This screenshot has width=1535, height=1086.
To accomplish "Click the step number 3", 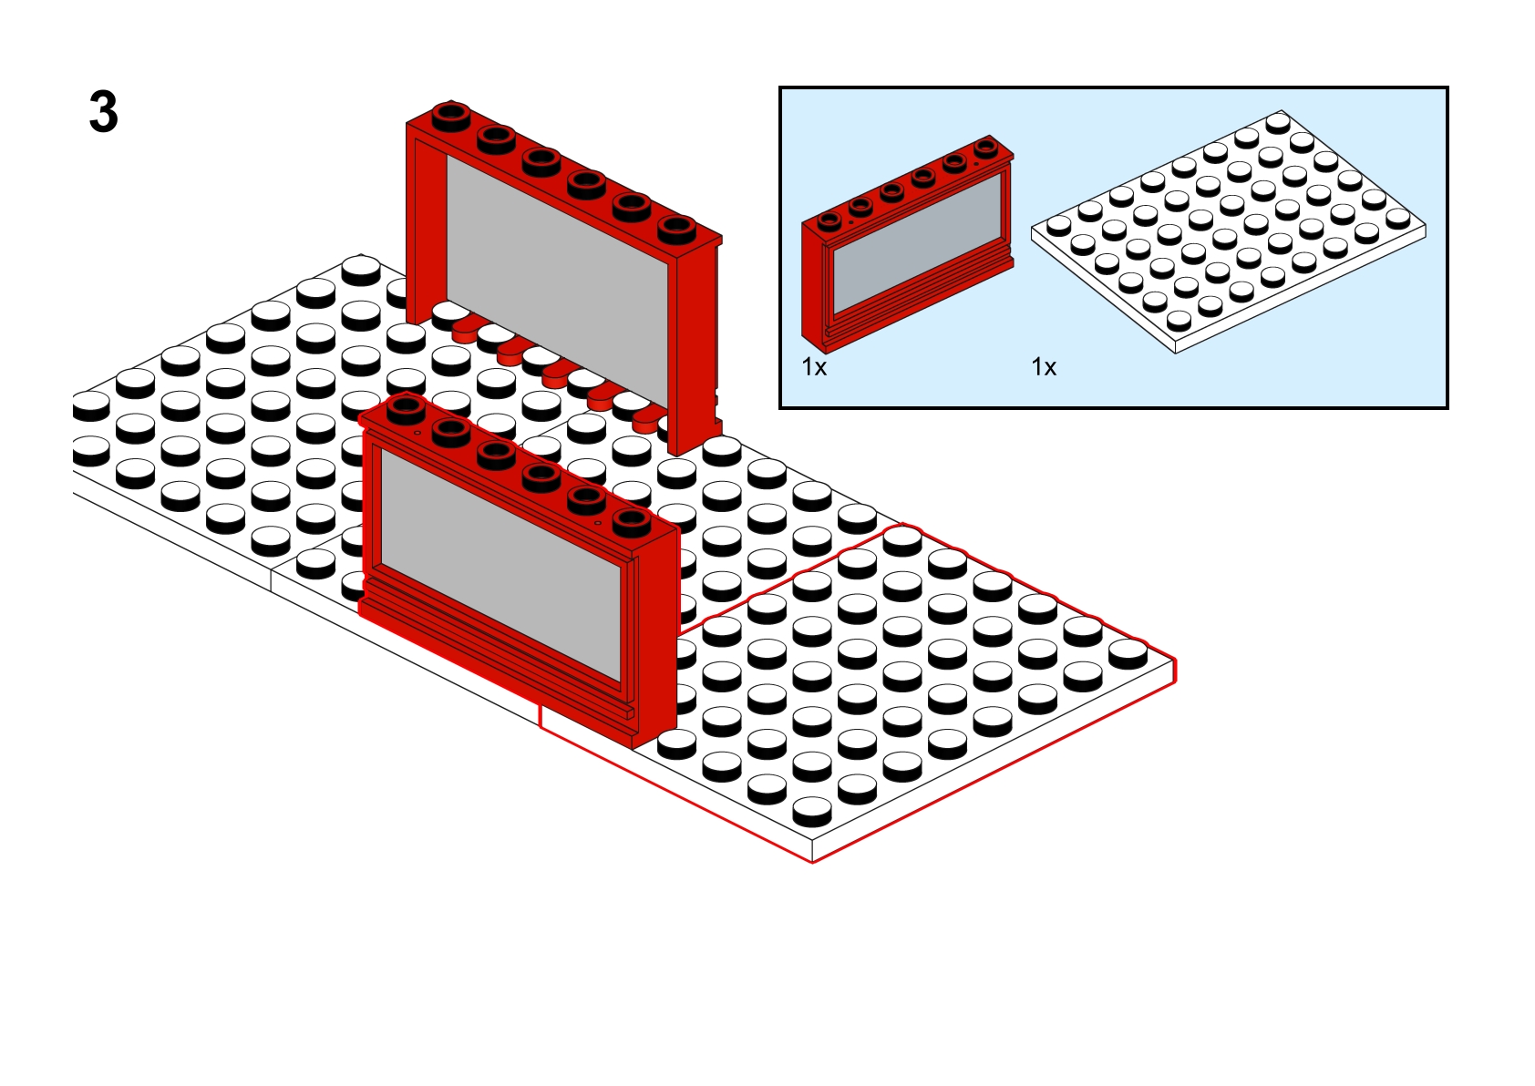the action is [x=104, y=112].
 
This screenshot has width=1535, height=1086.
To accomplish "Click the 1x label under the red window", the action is [x=814, y=368].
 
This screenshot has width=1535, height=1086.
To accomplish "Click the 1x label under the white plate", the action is [x=1044, y=368].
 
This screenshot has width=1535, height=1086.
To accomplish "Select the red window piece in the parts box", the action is [x=907, y=244].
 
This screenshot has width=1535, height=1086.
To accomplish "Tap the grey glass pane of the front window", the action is [x=500, y=566].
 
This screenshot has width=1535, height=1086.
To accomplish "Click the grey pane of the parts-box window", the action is [x=917, y=243].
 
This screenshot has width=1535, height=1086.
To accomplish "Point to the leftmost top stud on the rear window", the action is [x=451, y=115].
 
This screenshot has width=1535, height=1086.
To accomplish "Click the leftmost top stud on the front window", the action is [x=407, y=409].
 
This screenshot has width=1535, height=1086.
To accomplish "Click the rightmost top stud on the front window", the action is [x=631, y=522].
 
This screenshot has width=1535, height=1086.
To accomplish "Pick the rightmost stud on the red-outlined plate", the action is [x=1128, y=652].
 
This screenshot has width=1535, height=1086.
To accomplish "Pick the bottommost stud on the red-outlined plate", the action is [x=812, y=811].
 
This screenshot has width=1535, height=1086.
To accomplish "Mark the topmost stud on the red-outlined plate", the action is [x=901, y=539].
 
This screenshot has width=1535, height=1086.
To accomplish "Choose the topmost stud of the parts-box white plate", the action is [x=1278, y=123].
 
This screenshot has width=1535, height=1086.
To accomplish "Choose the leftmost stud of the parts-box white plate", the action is [x=1059, y=225].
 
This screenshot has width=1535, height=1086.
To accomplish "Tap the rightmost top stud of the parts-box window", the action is [x=986, y=147].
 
